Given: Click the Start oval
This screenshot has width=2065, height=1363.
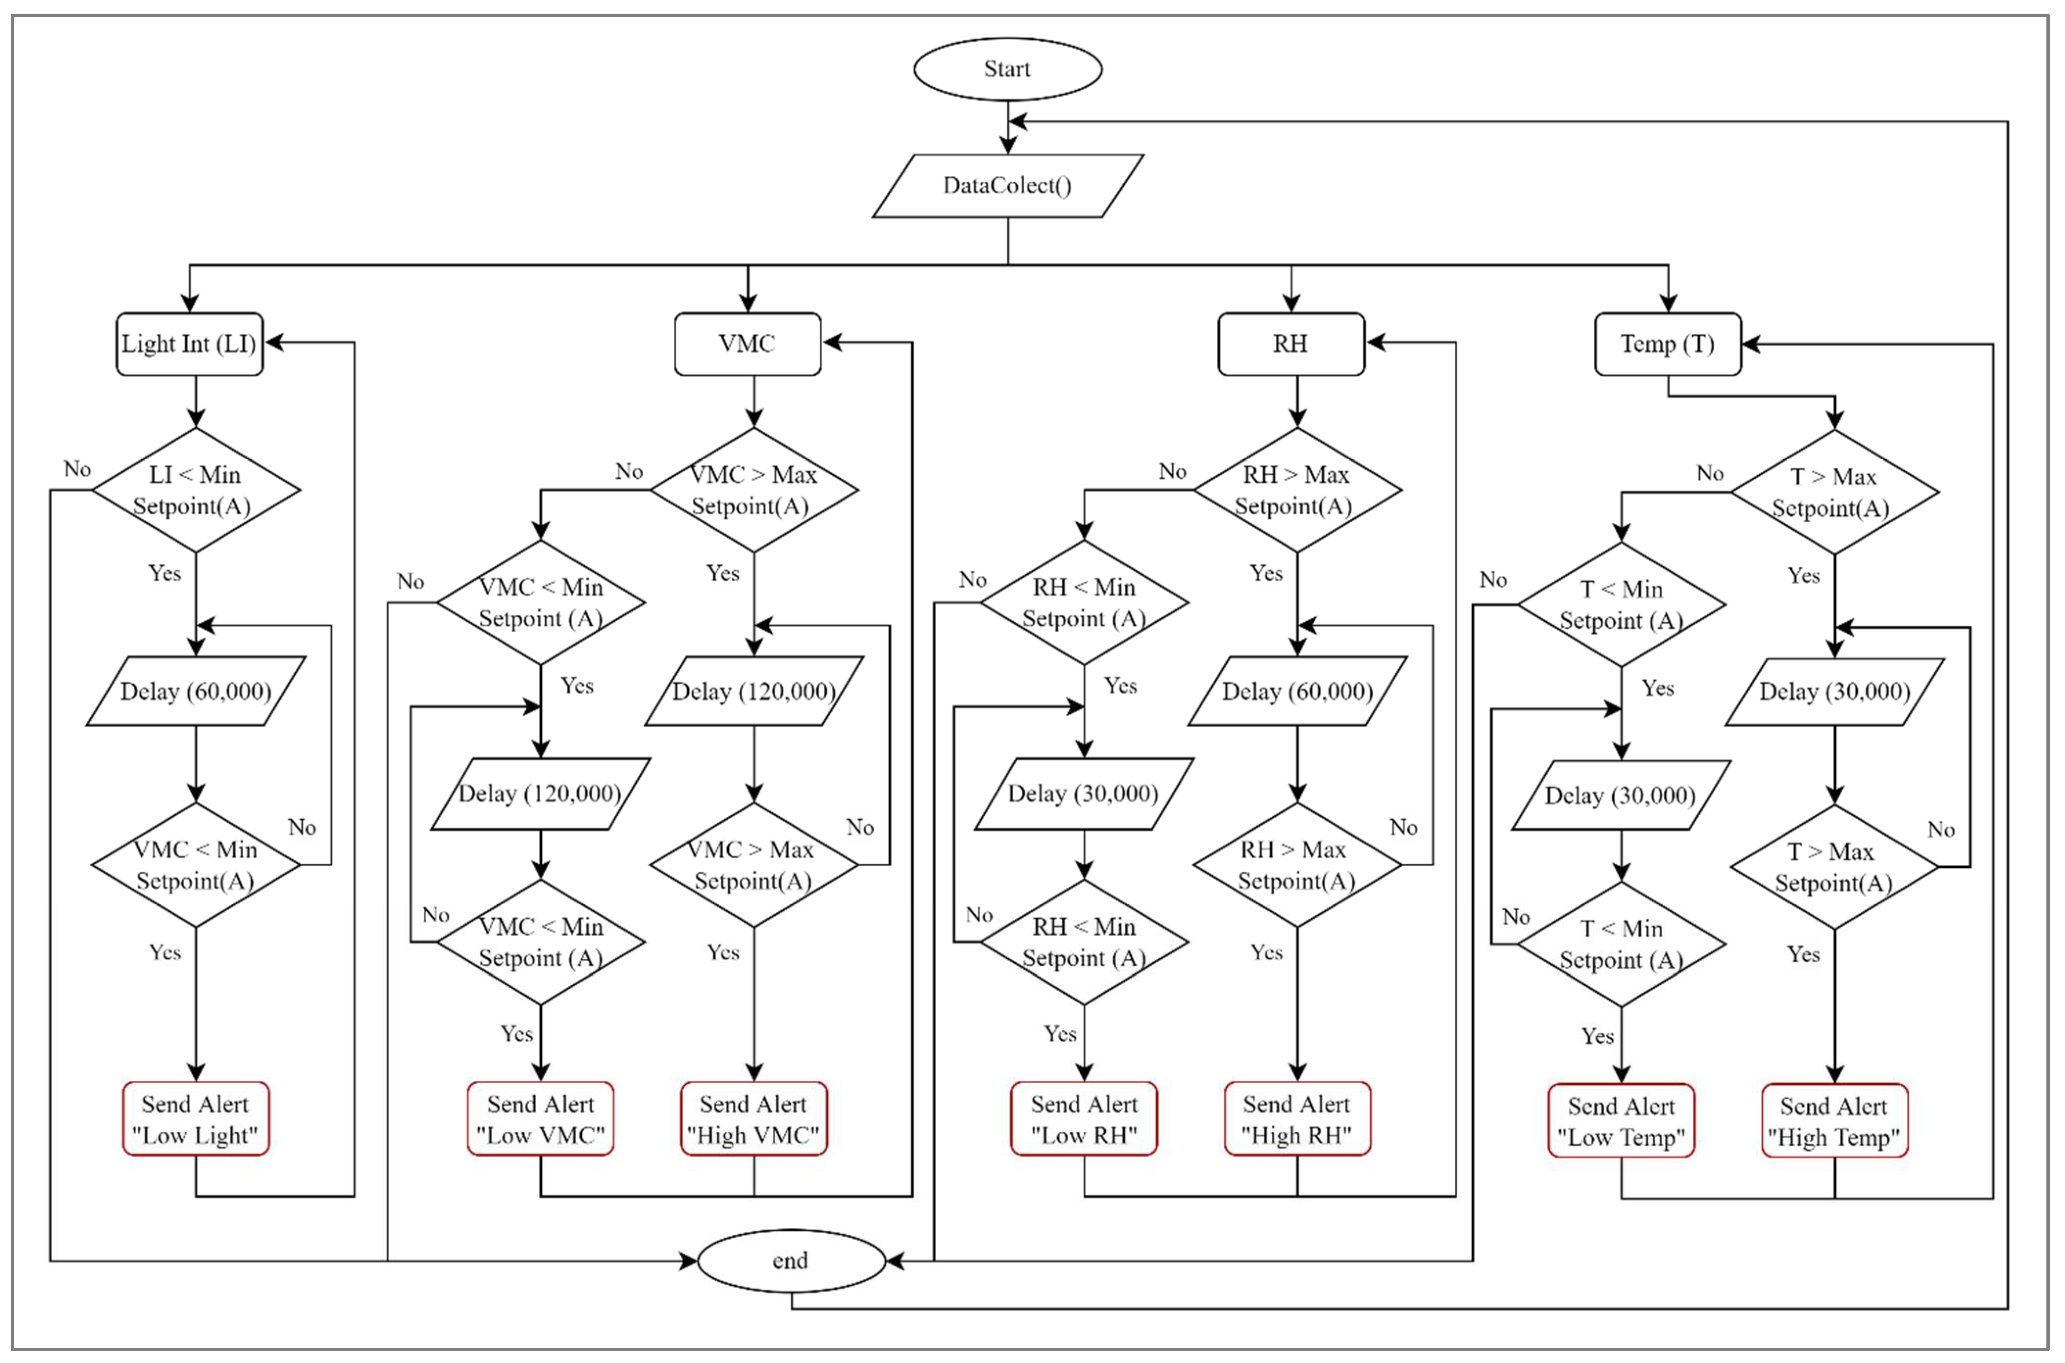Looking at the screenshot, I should [x=1007, y=69].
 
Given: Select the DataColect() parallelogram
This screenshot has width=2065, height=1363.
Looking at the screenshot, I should [x=1007, y=185].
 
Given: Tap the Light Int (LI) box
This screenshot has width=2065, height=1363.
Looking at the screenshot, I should [x=190, y=344].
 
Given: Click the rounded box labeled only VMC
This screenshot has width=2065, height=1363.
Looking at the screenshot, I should [x=748, y=344].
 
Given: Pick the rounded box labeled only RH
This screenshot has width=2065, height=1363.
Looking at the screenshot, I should [x=1290, y=344].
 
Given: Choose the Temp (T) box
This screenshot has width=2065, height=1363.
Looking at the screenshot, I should [x=1667, y=344].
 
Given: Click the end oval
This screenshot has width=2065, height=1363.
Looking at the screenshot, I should [x=791, y=1261].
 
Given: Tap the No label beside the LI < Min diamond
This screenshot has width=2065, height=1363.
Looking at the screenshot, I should [x=77, y=469].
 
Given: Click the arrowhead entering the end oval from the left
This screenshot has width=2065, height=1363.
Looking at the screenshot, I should [x=688, y=1261].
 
